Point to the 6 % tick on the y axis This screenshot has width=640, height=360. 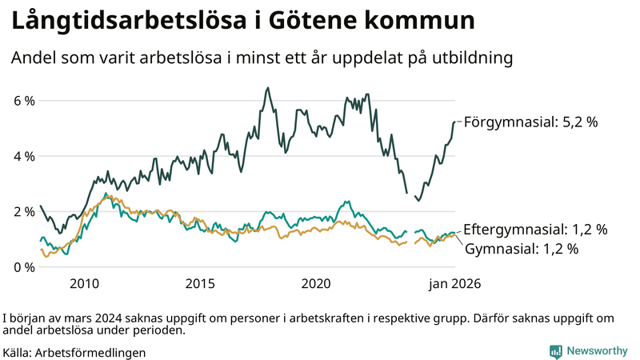22,101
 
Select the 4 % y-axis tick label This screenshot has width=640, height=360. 22,156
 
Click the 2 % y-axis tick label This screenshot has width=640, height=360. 22,211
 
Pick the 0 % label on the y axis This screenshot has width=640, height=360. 22,266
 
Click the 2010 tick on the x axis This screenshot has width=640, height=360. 84,283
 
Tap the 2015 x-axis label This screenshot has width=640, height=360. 200,283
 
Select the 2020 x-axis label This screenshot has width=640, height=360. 316,283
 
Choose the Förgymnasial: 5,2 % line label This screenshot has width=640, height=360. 531,122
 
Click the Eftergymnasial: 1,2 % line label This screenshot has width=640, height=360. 535,230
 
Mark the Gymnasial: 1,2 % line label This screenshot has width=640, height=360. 521,249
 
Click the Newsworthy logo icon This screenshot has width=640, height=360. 555,351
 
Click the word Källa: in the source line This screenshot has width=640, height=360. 18,352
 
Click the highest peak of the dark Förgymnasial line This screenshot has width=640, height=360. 267,88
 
